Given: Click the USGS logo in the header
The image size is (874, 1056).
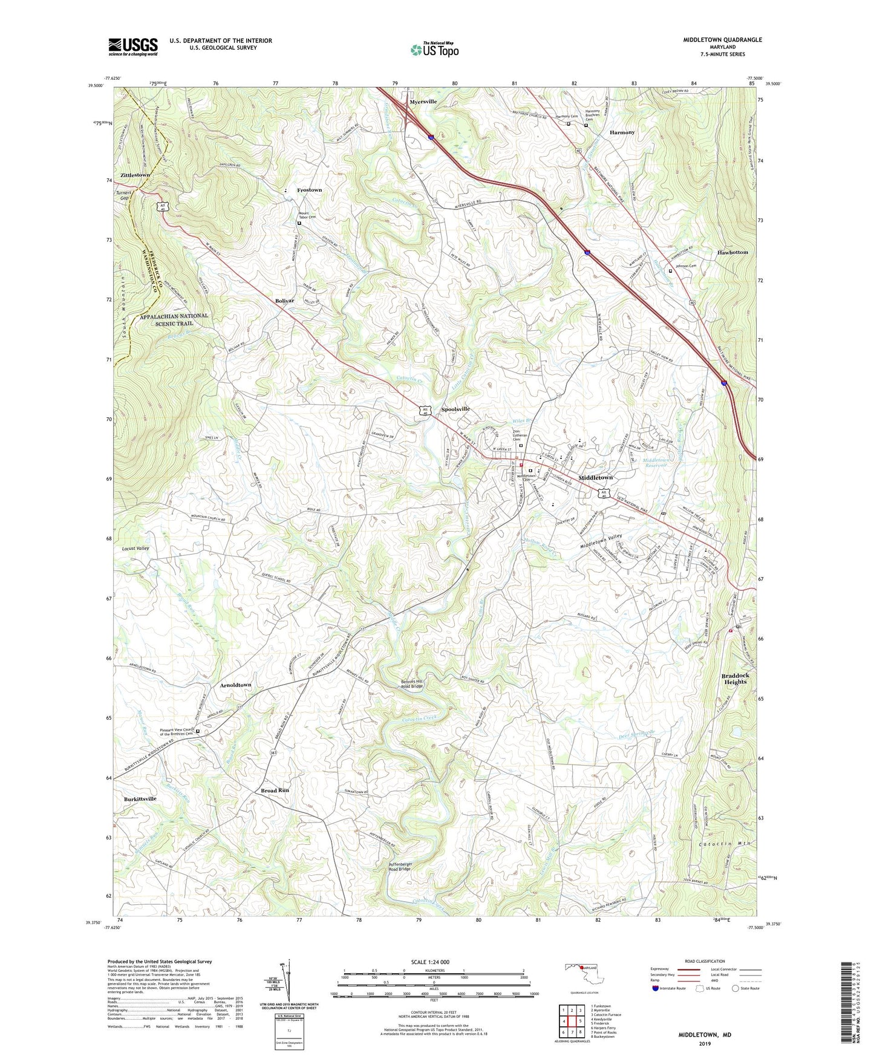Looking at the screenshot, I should coord(133,46).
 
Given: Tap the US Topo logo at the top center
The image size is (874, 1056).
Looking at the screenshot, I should coord(434,50).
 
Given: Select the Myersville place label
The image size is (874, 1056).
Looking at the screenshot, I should coord(423,102).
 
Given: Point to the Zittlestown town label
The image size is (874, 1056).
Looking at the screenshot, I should coord(135,175).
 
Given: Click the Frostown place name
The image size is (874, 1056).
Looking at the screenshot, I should coord(309,190).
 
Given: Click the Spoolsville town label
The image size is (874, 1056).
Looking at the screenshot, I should coord(455,409).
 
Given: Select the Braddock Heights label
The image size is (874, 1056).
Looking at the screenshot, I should coord(735,679).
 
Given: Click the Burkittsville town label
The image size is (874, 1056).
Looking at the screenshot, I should coord(140,798).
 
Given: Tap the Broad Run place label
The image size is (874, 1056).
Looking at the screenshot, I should coord(275,790).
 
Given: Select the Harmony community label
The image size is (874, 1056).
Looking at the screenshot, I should coord(622,132).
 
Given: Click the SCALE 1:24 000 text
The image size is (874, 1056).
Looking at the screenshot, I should coord(429,962).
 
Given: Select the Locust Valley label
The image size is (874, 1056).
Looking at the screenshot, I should coord(135,549).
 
